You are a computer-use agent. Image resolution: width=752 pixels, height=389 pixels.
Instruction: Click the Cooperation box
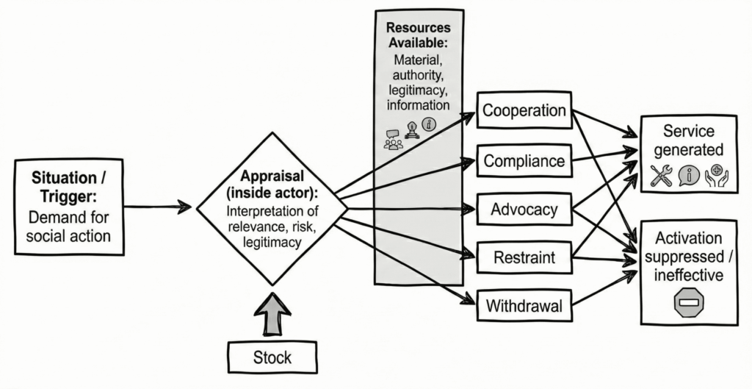(x=524, y=111)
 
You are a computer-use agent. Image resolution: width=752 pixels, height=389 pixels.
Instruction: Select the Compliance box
(x=524, y=160)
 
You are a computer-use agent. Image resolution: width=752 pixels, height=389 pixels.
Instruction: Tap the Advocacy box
(x=524, y=210)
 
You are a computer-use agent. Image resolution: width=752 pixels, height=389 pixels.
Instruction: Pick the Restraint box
(x=524, y=258)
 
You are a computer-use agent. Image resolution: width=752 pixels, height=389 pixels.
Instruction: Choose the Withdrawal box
(x=524, y=306)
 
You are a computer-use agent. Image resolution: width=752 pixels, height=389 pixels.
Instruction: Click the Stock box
(x=272, y=358)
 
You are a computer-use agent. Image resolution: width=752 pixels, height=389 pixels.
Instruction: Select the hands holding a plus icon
(x=715, y=176)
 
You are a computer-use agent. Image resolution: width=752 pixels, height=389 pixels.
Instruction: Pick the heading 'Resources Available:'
(x=419, y=34)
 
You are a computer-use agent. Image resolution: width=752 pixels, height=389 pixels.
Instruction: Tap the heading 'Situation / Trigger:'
(x=69, y=188)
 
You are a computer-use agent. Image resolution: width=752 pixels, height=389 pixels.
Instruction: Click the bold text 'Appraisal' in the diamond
(x=272, y=176)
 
